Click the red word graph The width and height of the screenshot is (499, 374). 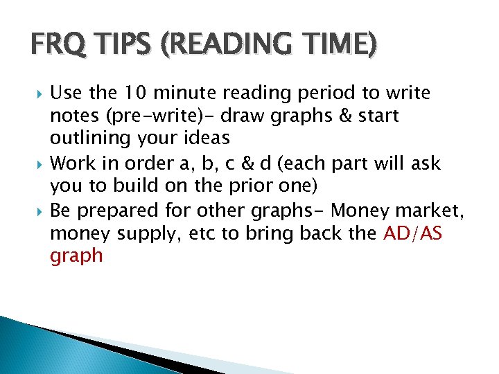(76, 256)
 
